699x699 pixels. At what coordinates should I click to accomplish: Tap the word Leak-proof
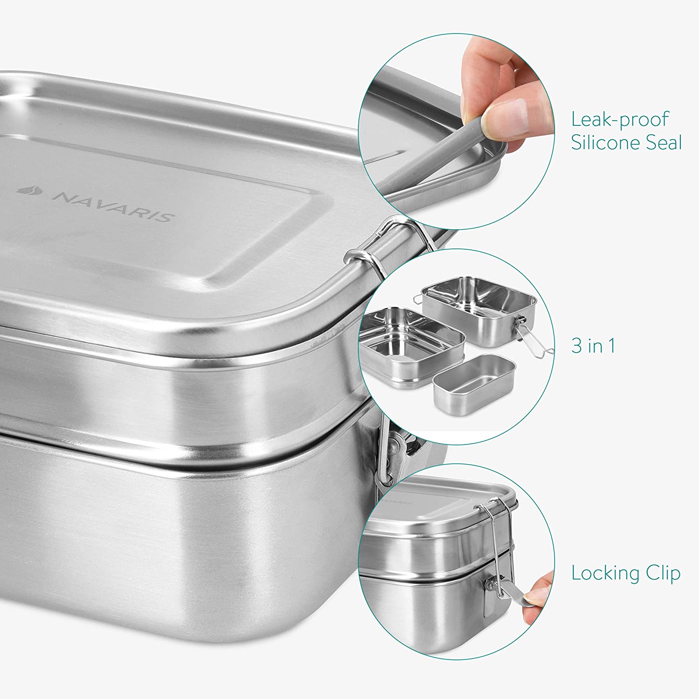(620, 120)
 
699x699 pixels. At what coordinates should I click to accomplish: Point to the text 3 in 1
(593, 346)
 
